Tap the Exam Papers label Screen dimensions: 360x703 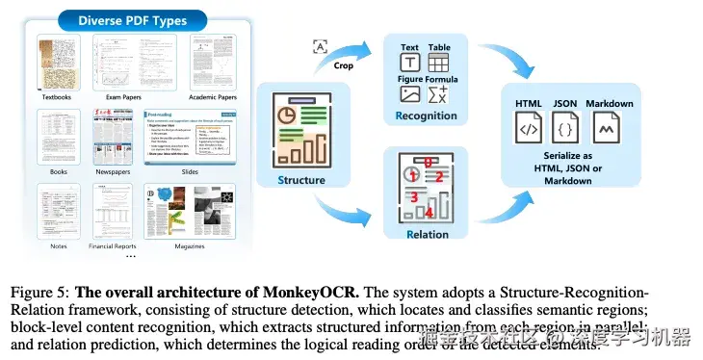tap(126, 96)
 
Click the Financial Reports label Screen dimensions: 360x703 tap(114, 246)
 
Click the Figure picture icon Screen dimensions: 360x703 tap(409, 94)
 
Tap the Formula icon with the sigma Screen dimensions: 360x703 tap(438, 94)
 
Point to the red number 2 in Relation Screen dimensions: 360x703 tap(438, 177)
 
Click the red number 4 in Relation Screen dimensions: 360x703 tap(430, 212)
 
